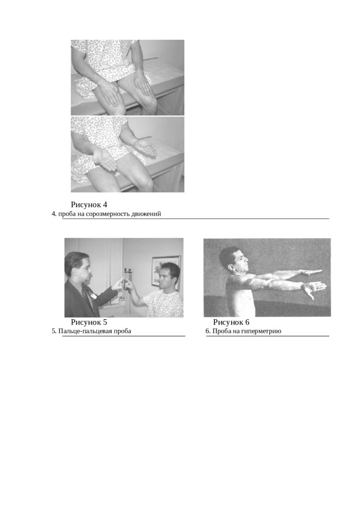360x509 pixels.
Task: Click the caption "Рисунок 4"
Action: (89, 205)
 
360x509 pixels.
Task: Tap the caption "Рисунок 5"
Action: (89, 322)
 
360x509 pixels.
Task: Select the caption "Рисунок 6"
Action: (231, 322)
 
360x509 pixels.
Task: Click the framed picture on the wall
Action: (166, 271)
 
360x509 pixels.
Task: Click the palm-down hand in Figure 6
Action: (310, 272)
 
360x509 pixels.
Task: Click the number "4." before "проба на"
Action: (54, 214)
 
